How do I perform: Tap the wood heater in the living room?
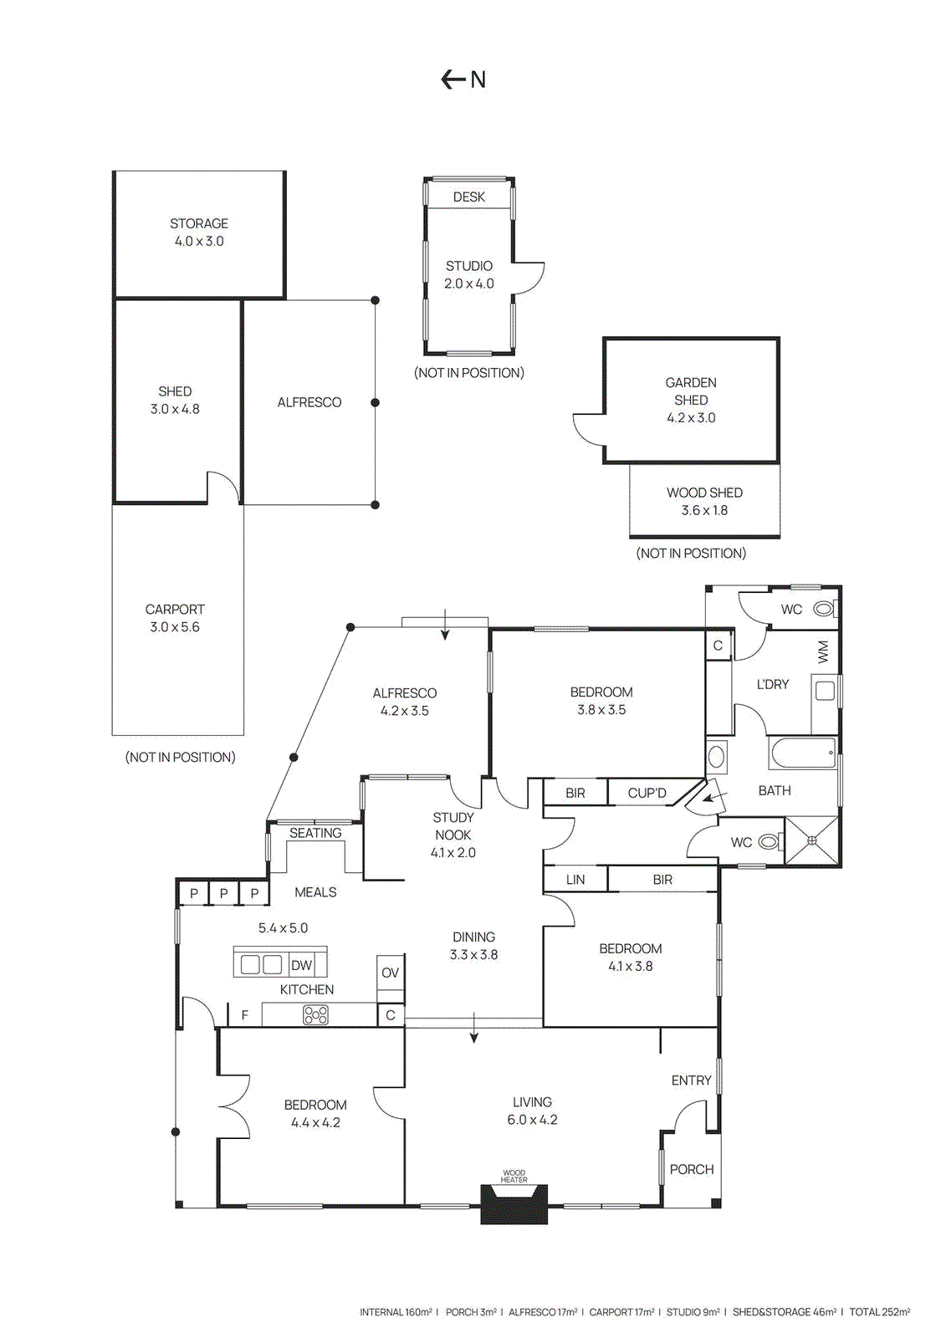(514, 1204)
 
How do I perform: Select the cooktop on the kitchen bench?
(315, 1015)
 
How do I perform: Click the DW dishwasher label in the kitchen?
(301, 965)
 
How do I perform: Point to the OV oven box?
(390, 973)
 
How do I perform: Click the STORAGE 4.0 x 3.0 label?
(199, 232)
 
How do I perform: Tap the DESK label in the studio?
(468, 197)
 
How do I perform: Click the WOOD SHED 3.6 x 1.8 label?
(704, 502)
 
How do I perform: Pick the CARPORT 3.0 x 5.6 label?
(175, 618)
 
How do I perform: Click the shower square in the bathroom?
(811, 840)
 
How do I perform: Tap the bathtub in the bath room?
(803, 753)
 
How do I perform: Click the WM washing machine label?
(823, 651)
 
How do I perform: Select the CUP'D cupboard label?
(647, 793)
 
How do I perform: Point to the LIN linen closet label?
(575, 880)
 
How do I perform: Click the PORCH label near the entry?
(692, 1169)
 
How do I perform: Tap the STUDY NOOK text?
(453, 826)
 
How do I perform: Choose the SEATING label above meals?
(315, 833)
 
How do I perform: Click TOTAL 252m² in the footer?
(879, 1312)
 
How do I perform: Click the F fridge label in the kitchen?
(245, 1015)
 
